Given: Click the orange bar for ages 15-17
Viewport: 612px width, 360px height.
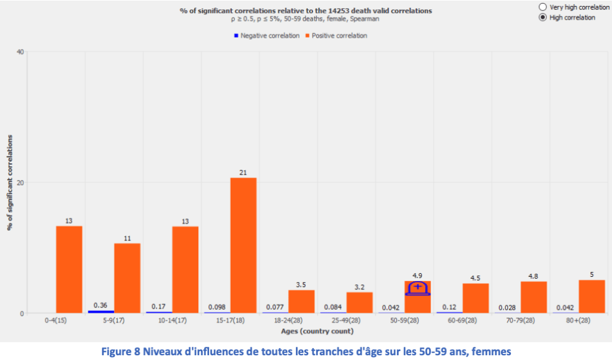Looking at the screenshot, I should point(243,245).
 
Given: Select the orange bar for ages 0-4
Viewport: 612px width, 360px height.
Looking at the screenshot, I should point(69,269).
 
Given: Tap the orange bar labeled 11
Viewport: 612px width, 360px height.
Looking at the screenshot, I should point(127,278).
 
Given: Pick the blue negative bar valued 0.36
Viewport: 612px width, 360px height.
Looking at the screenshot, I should point(100,312).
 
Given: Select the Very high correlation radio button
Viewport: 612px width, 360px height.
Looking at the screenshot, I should point(543,7).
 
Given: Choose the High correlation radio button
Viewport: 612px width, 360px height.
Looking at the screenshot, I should point(543,17).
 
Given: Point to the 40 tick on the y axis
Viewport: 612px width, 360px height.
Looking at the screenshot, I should point(20,51).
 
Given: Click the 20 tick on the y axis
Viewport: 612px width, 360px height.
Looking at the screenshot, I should point(20,182).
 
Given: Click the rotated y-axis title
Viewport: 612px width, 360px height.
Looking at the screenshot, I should point(10,182).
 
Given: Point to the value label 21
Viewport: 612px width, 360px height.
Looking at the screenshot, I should point(243,173).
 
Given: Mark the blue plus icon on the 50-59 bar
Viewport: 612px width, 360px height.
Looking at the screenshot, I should point(417,288).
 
